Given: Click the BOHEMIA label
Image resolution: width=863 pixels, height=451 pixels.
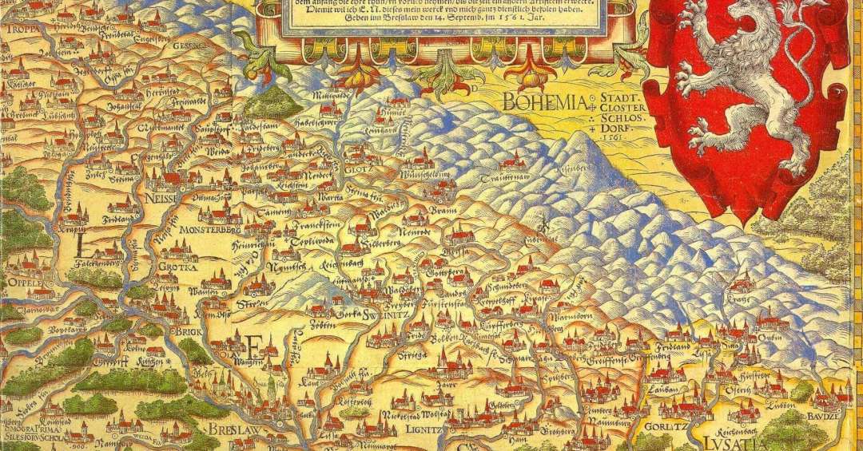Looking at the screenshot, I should tap(544, 101).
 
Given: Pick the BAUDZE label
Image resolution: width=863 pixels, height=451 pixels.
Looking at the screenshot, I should tap(837, 416).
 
